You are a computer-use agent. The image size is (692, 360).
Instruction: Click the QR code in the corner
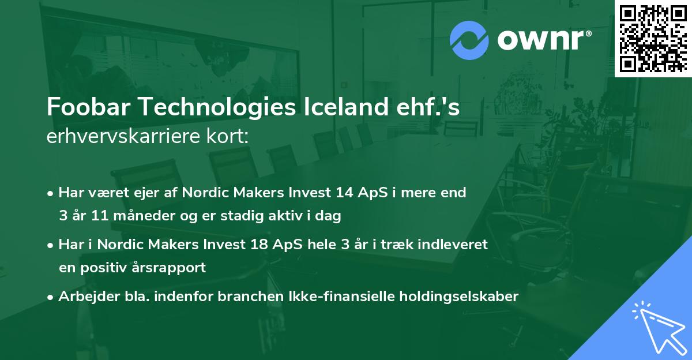(x=653, y=38)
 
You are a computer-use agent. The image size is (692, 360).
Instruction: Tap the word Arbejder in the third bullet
(x=85, y=297)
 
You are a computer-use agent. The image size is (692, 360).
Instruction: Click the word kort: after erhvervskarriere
(x=234, y=136)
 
